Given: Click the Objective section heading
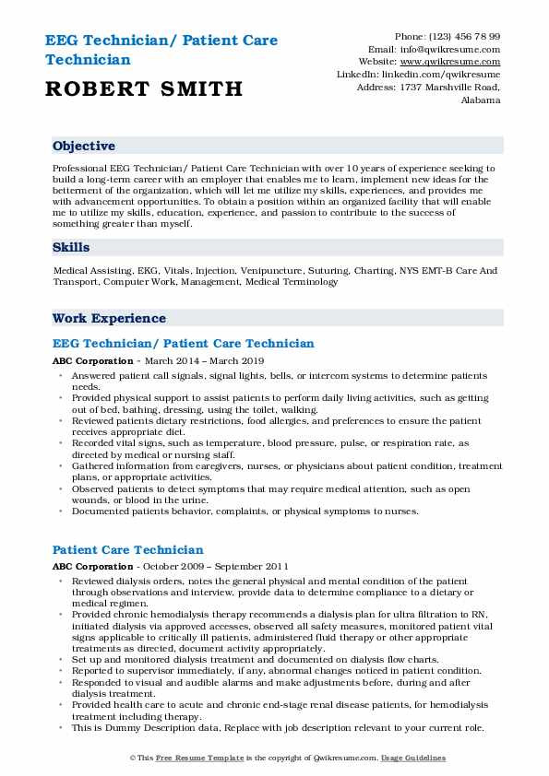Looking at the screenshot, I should pyautogui.click(x=84, y=146).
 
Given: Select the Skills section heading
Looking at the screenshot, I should pyautogui.click(x=71, y=247).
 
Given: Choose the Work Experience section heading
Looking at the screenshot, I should pyautogui.click(x=109, y=318).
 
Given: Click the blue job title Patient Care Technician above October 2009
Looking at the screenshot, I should pyautogui.click(x=128, y=550).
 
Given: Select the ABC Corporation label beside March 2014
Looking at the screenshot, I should pyautogui.click(x=92, y=360).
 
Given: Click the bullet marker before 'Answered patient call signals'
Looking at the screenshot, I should pyautogui.click(x=61, y=376).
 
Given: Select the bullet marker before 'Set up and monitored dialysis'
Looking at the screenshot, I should pyautogui.click(x=61, y=661).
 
